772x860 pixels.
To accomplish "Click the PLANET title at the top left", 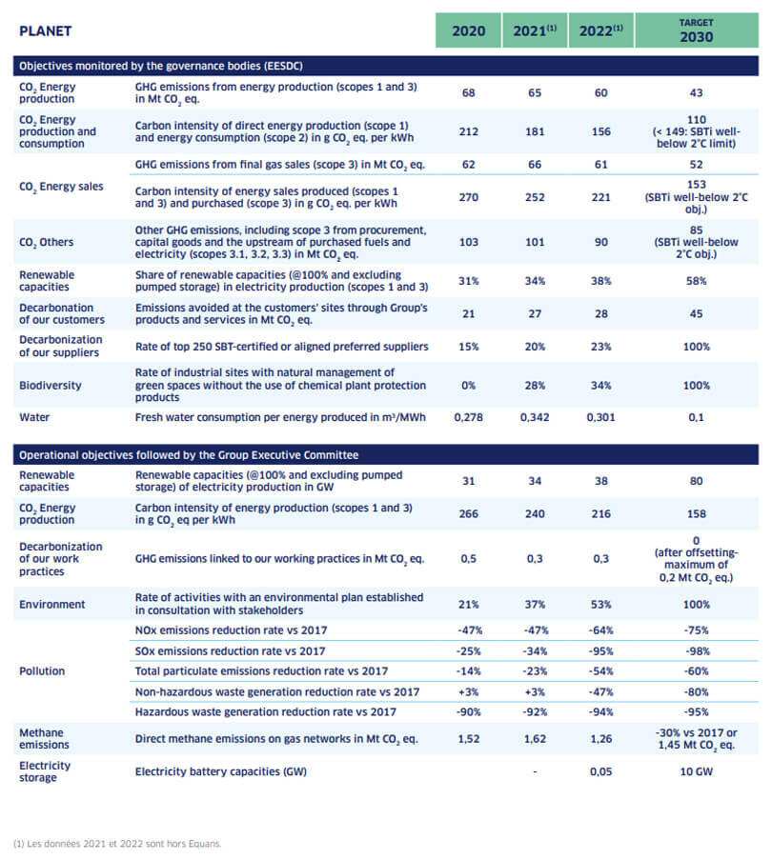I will coord(45,31).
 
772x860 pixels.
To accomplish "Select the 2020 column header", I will coord(468,31).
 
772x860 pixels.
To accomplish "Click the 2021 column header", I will coord(534,31).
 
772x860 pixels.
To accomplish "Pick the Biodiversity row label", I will coord(51,386).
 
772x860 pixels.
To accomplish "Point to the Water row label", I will coord(35,417).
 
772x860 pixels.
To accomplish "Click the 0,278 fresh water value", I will coord(468,417).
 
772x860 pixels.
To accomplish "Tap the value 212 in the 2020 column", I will coord(468,131).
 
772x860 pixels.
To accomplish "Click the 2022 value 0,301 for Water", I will coord(600,417).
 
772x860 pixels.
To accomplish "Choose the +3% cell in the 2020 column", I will coord(468,691).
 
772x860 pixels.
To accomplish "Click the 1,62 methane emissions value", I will coord(534,738).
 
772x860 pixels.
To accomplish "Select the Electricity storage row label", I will coord(45,771).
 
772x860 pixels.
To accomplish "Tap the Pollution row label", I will coord(42,670).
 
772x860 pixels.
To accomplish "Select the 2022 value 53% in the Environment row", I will coord(600,605).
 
